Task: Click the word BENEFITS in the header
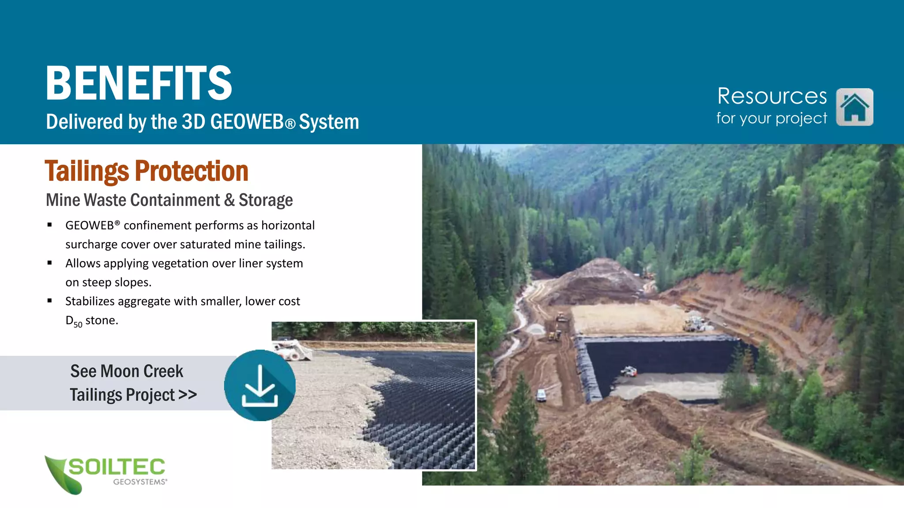coord(139,83)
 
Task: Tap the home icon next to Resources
coord(855,107)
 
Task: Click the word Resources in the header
coord(772,96)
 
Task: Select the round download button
coord(260,385)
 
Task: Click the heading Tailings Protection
coord(146,171)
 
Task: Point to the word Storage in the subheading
coord(266,200)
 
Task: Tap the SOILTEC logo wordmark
coord(117,467)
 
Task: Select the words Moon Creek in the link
coord(142,371)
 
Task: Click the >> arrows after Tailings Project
coord(188,395)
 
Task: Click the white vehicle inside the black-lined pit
coord(629,371)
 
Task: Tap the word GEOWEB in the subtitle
coord(247,122)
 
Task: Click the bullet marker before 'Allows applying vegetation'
coord(50,263)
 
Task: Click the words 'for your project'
coord(772,118)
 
